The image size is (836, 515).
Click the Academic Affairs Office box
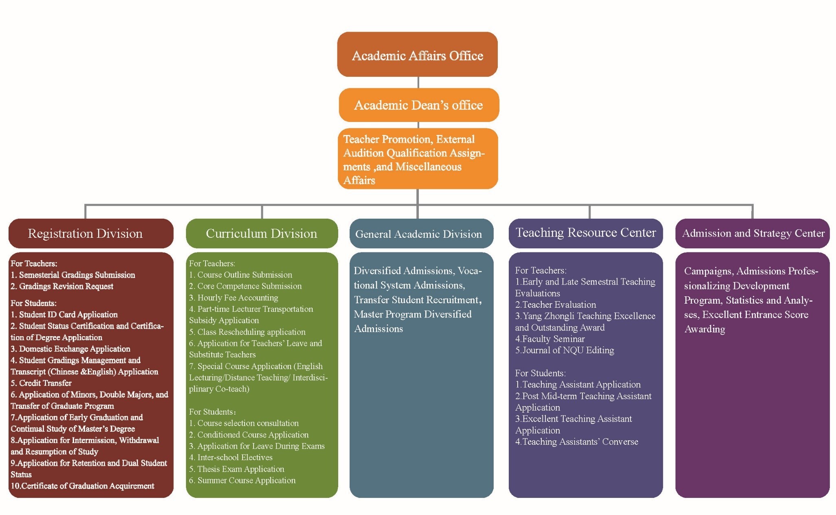click(x=417, y=54)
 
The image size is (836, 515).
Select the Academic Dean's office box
click(x=418, y=105)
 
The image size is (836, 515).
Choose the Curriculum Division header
click(x=261, y=233)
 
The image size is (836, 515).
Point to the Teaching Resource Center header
click(x=585, y=233)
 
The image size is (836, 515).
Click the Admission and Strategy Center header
click(x=753, y=233)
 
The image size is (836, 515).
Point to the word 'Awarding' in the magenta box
click(x=705, y=329)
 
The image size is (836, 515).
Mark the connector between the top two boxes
click(x=418, y=83)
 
